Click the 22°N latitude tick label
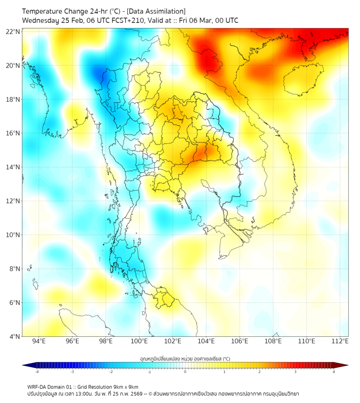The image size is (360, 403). [13, 31]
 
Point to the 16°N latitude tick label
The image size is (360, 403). [13, 133]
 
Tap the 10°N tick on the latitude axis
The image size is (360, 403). [13, 235]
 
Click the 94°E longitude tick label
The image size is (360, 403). [39, 342]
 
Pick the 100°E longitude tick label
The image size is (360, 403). [140, 342]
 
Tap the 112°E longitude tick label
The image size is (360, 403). [340, 342]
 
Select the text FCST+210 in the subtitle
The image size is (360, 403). [116, 21]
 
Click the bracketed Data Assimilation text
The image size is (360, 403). [154, 11]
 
